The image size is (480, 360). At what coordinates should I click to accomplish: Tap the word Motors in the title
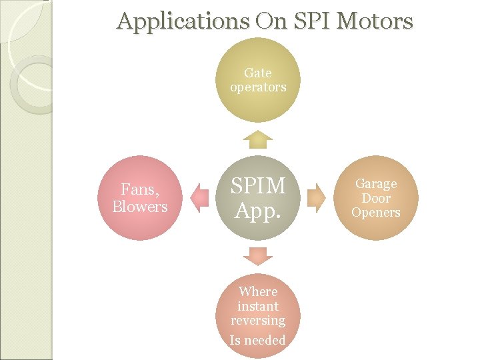click(x=375, y=21)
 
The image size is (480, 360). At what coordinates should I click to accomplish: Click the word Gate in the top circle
click(x=258, y=73)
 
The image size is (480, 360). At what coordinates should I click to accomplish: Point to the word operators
click(x=258, y=87)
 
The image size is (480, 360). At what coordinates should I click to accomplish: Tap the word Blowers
click(x=140, y=207)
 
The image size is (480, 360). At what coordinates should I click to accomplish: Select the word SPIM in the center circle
click(x=258, y=186)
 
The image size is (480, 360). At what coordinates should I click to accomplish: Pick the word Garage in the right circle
click(x=376, y=183)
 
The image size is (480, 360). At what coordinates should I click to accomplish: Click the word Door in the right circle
click(x=376, y=198)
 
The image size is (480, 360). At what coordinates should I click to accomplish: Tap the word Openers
click(x=376, y=213)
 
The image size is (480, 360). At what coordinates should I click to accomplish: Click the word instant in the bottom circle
click(x=258, y=306)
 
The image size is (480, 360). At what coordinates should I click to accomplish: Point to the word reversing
click(x=258, y=321)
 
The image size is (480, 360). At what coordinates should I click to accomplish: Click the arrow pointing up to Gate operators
click(x=258, y=139)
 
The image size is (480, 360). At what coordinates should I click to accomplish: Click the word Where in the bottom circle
click(x=258, y=291)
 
